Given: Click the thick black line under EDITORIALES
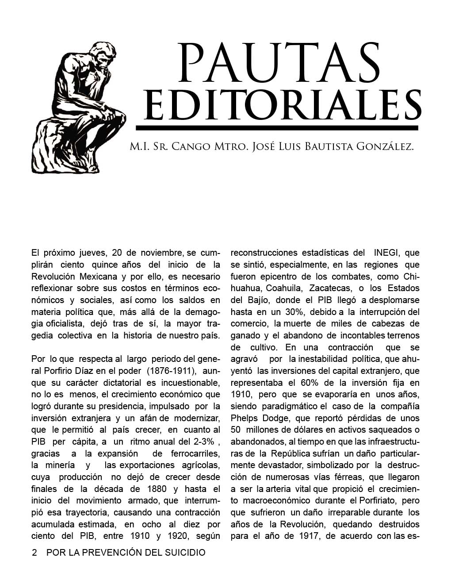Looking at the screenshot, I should pos(277,128).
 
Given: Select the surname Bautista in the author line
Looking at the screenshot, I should pos(325,147).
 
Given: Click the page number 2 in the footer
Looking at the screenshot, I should pos(34,553).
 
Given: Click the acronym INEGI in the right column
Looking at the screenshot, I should pos(387,253).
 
